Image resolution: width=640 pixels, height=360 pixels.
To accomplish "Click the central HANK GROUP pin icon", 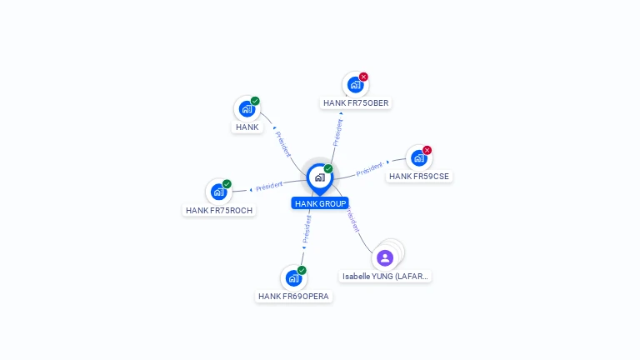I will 319,177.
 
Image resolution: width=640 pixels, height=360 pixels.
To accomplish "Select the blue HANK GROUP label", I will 320,203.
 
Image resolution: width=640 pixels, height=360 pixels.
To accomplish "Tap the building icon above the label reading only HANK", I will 246,108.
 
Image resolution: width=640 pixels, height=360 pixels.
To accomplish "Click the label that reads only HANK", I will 247,127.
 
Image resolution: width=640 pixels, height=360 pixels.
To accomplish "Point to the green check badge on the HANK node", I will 255,101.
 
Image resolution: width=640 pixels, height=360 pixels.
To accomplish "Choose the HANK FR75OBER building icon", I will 355,84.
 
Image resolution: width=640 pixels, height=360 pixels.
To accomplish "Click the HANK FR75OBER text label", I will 356,103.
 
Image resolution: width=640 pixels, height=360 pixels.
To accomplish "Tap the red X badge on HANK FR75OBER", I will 363,77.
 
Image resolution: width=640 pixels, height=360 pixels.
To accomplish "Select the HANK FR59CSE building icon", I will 418,157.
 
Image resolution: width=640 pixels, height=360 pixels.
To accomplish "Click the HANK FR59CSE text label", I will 419,177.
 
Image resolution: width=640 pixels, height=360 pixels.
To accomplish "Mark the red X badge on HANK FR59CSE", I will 427,151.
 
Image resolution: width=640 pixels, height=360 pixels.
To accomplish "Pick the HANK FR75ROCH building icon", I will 218,192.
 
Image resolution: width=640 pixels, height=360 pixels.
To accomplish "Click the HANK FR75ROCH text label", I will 219,211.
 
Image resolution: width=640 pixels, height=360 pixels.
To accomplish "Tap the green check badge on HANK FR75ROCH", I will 227,184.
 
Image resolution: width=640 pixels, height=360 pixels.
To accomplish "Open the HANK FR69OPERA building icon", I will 292,277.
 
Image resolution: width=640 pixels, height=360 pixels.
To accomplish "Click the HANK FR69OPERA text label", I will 293,297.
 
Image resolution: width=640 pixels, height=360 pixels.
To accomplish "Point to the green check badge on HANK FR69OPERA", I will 302,270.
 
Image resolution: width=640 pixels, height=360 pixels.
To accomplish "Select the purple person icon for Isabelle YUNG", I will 384,257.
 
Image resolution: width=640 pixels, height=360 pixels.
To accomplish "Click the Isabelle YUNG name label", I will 386,276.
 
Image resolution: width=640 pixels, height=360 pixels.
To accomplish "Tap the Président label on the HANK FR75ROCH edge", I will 269,185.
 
